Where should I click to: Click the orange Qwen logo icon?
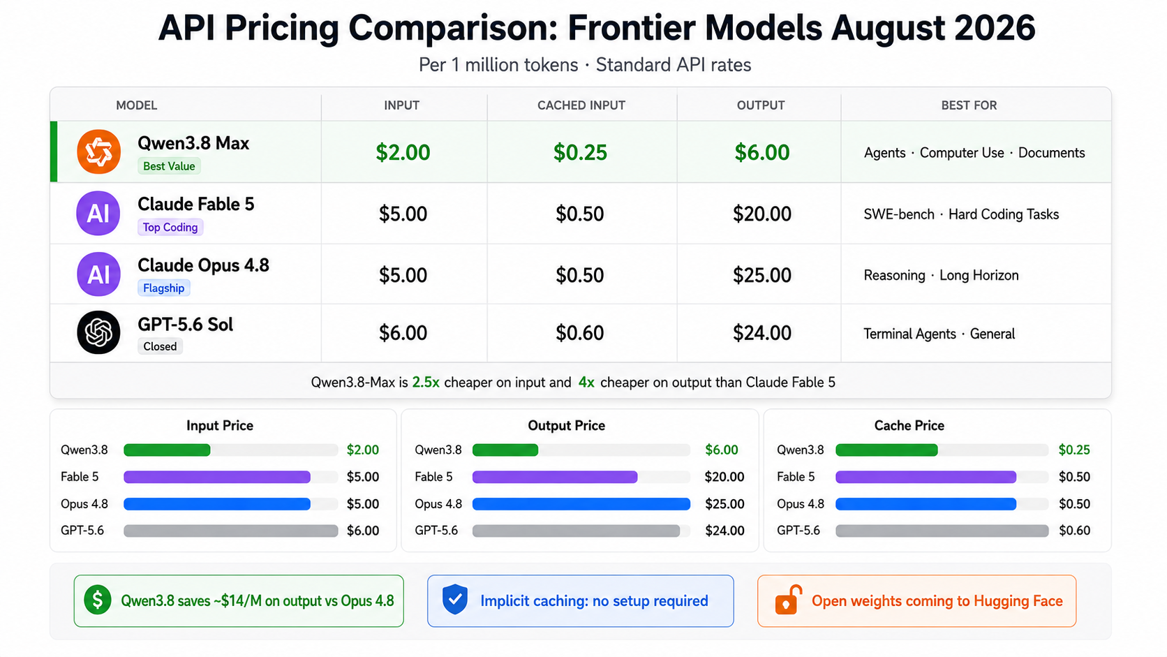[x=98, y=152]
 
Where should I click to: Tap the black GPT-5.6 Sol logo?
[x=98, y=332]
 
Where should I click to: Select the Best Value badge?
[x=169, y=166]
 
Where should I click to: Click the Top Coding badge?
[x=170, y=227]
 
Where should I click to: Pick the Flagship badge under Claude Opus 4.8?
[x=163, y=288]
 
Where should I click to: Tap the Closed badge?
[x=160, y=346]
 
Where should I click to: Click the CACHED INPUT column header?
[x=581, y=105]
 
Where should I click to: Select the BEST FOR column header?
[x=969, y=105]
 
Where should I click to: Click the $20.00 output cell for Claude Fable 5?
[x=761, y=214]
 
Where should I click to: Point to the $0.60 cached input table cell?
[x=579, y=333]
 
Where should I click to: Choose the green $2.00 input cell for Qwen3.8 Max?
[x=403, y=152]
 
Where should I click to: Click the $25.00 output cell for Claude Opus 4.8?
[x=761, y=275]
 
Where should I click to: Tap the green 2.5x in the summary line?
[x=426, y=383]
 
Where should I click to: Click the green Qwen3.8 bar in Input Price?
[x=168, y=450]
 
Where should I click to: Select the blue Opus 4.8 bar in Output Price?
[x=581, y=504]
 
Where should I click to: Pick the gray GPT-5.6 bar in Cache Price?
[x=942, y=531]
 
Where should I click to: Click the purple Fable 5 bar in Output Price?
[x=555, y=477]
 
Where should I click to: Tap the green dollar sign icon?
[x=98, y=600]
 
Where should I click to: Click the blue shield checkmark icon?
[x=455, y=599]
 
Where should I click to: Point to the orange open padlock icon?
[x=788, y=600]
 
